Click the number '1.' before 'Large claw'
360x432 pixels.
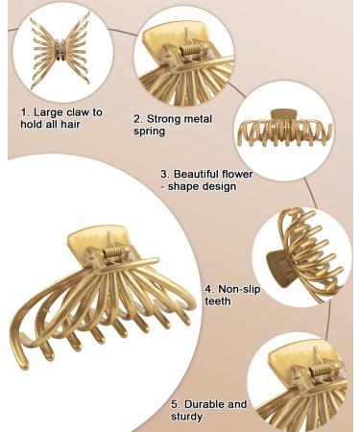[x=25, y=112]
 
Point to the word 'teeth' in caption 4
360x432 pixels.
[x=218, y=300]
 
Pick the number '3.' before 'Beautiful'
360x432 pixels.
[x=164, y=175]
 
